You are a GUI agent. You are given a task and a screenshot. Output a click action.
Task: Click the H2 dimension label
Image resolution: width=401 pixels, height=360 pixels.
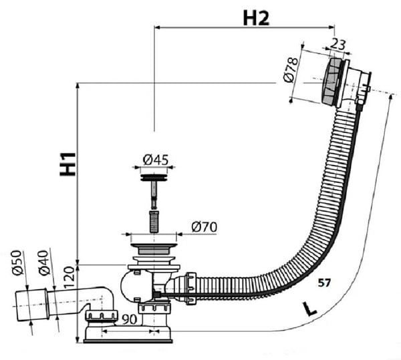pyautogui.click(x=256, y=19)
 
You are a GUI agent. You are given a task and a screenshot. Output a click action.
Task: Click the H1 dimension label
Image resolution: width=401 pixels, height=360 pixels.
pyautogui.click(x=68, y=164)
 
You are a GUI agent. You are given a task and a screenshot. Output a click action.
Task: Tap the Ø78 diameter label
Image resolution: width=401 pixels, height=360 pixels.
pyautogui.click(x=291, y=70)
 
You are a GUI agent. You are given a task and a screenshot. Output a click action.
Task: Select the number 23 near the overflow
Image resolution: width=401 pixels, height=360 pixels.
pyautogui.click(x=338, y=44)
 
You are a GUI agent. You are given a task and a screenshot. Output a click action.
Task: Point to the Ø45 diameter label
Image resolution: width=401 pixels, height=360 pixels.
pyautogui.click(x=156, y=160)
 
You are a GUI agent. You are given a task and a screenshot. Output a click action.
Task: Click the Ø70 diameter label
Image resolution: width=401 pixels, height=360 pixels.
pyautogui.click(x=205, y=227)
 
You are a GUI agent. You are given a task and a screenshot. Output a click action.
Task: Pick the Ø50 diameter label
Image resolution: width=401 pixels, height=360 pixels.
pyautogui.click(x=17, y=262)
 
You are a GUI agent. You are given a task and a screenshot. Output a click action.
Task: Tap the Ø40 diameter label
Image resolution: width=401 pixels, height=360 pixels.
pyautogui.click(x=43, y=263)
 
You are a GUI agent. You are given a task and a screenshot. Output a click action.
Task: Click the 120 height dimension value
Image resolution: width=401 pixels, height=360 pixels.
pyautogui.click(x=69, y=277)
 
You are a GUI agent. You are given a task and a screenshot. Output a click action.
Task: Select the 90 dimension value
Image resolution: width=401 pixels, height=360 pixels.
pyautogui.click(x=129, y=319)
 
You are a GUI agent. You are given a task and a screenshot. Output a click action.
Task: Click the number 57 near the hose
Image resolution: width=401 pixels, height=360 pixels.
pyautogui.click(x=324, y=283)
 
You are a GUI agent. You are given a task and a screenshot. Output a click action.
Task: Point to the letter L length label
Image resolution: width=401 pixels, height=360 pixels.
pyautogui.click(x=309, y=309)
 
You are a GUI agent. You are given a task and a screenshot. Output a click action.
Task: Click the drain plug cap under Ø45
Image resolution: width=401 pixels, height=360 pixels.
pyautogui.click(x=154, y=177)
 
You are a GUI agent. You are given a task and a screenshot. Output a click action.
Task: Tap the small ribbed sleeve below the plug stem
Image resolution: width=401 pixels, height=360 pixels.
pyautogui.click(x=154, y=222)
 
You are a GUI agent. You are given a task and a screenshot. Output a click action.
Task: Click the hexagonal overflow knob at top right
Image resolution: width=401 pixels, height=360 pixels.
pyautogui.click(x=331, y=81)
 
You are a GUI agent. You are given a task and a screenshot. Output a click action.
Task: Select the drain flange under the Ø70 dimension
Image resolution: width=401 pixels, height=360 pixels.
pyautogui.click(x=154, y=249)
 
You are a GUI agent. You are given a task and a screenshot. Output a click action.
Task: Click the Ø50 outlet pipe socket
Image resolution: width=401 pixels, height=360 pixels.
pyautogui.click(x=31, y=305)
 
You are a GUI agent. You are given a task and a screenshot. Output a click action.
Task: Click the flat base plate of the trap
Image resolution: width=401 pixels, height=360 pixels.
pyautogui.click(x=128, y=341)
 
